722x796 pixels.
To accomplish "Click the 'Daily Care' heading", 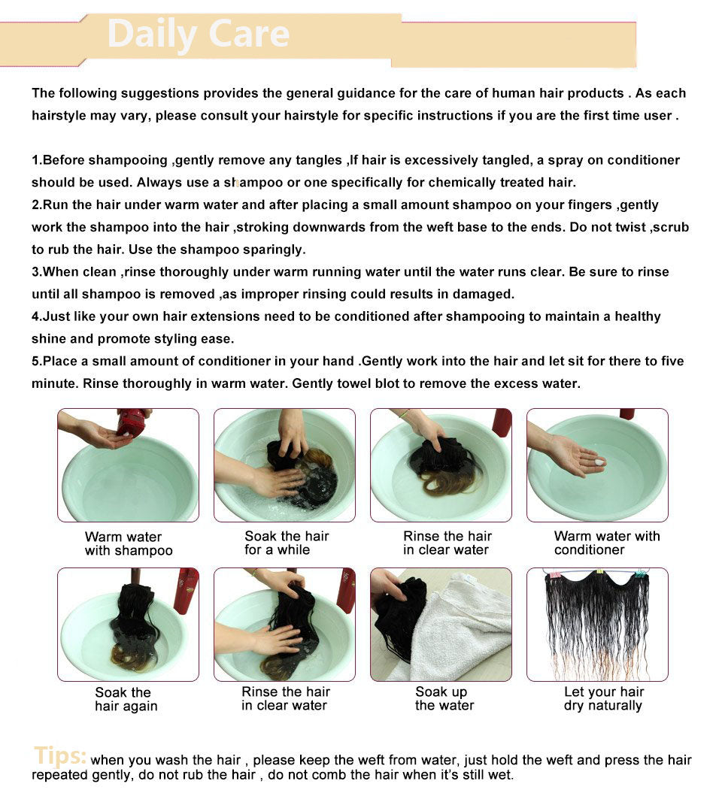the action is point(198,35).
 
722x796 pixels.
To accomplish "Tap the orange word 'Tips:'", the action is point(60,756).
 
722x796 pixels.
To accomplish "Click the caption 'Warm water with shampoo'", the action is point(129,543).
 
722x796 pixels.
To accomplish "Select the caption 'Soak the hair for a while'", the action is point(287,543).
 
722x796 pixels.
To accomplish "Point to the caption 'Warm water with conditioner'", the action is point(607,543).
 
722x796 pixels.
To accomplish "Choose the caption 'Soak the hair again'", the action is point(126,699).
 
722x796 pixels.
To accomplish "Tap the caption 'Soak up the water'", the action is point(444,698).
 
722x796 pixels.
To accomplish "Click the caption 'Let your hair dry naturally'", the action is point(604,698).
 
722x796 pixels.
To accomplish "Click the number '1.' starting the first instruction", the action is point(37,160).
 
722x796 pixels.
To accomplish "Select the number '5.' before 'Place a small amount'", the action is point(37,362).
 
